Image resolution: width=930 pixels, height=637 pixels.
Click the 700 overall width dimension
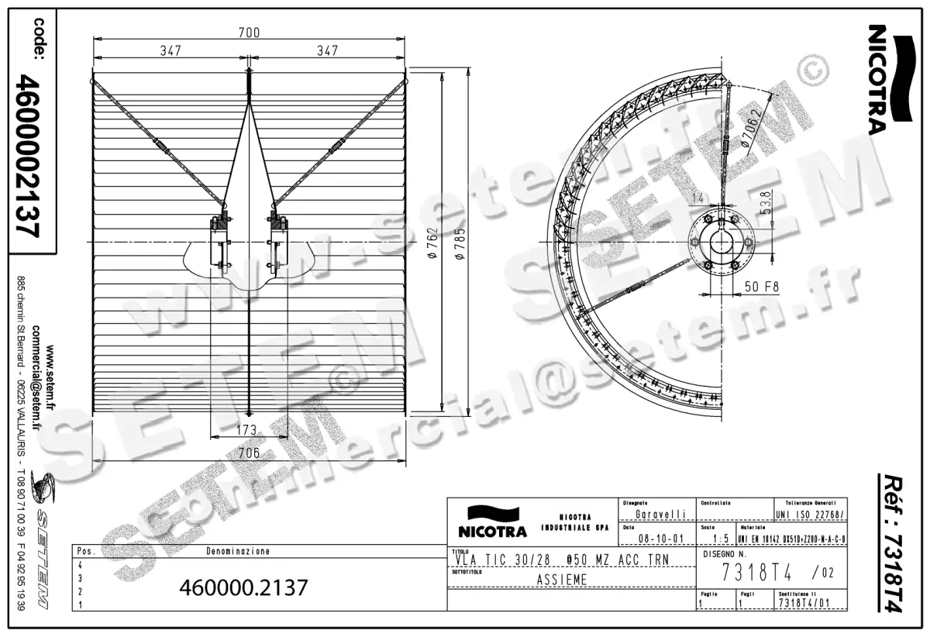[x=249, y=32]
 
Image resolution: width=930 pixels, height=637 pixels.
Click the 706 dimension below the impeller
[x=248, y=453]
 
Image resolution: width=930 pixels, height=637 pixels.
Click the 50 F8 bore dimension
[x=762, y=286]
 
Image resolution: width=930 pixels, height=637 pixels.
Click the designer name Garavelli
[x=659, y=514]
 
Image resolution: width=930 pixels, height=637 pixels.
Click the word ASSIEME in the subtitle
[x=562, y=580]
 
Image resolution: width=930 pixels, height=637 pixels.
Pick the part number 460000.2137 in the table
[x=243, y=587]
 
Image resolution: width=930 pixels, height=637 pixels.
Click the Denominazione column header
[x=238, y=552]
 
